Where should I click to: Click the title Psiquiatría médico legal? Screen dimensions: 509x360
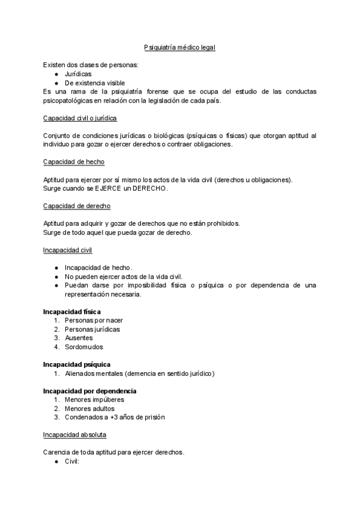click(179, 47)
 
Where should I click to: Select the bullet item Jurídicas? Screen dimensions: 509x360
click(79, 74)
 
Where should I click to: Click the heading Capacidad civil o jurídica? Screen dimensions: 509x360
click(80, 118)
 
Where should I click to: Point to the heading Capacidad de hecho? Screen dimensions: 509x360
click(75, 162)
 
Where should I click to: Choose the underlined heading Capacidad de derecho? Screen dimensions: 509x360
click(77, 206)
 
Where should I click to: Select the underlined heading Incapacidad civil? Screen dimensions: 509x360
click(67, 250)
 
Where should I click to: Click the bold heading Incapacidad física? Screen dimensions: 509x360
click(72, 312)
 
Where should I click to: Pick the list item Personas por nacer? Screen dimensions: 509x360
click(94, 321)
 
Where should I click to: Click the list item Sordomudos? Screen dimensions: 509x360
click(84, 347)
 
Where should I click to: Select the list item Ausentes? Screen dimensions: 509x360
click(79, 338)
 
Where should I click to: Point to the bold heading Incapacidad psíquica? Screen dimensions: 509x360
click(77, 364)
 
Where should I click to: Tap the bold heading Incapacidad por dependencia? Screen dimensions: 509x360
click(86, 391)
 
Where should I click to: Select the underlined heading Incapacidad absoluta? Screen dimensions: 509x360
click(75, 435)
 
